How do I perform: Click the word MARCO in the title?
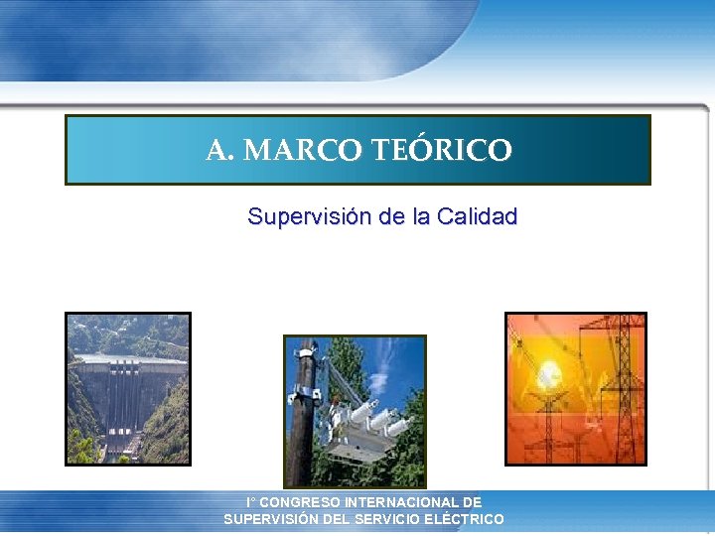pyautogui.click(x=303, y=151)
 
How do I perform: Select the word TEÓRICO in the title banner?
pyautogui.click(x=442, y=151)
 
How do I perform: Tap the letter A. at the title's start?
pyautogui.click(x=220, y=151)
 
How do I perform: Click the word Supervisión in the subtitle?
pyautogui.click(x=310, y=216)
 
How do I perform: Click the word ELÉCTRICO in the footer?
pyautogui.click(x=464, y=519)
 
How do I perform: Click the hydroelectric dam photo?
pyautogui.click(x=127, y=388)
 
